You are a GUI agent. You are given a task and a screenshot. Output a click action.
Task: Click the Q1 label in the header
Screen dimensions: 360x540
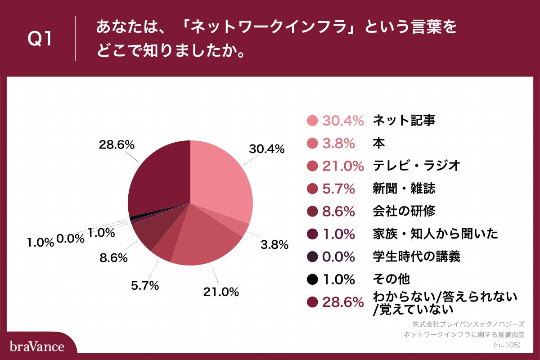[x=40, y=40]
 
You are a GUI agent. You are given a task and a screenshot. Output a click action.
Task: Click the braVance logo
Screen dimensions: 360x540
[x=37, y=346]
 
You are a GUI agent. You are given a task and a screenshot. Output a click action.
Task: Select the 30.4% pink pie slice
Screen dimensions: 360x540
[x=220, y=180]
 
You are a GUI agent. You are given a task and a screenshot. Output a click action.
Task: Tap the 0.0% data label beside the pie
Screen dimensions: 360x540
[x=70, y=238]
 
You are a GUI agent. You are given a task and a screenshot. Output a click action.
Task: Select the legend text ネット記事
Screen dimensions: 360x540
[x=404, y=120]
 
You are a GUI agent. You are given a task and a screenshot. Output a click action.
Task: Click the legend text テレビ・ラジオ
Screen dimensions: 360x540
[x=416, y=166]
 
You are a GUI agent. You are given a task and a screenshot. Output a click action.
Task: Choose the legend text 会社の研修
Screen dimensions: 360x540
[x=404, y=211]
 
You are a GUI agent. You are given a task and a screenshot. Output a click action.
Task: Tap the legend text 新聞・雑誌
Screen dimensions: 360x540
[x=404, y=188]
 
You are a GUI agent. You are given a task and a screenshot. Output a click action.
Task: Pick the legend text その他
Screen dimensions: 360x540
[x=391, y=279]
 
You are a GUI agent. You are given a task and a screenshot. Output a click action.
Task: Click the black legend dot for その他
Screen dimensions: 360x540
[x=312, y=279]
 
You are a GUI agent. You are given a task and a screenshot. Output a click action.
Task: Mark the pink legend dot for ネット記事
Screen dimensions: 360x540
[x=312, y=120]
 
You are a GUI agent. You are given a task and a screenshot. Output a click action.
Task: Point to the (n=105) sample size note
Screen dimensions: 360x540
[x=506, y=345]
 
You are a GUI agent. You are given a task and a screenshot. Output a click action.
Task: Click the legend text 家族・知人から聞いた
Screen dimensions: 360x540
[x=435, y=234]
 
